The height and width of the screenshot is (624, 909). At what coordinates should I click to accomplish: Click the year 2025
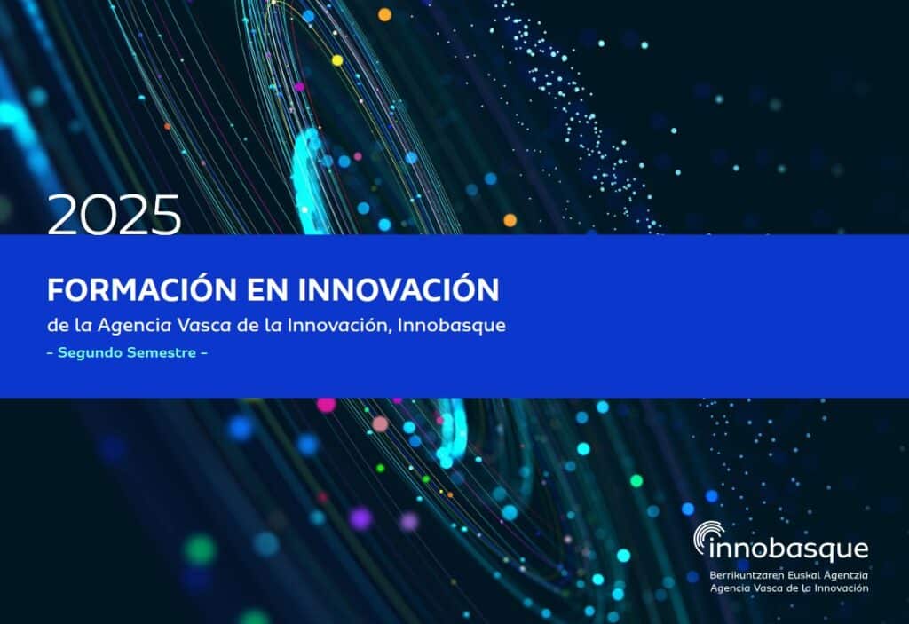pyautogui.click(x=115, y=214)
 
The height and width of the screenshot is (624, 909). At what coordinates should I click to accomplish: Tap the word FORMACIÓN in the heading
pyautogui.click(x=142, y=288)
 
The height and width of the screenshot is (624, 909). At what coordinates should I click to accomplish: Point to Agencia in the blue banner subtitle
pyautogui.click(x=135, y=326)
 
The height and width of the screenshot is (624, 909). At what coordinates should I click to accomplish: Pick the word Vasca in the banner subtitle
pyautogui.click(x=205, y=325)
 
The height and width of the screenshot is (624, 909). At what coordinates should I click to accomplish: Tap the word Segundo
pyautogui.click(x=90, y=353)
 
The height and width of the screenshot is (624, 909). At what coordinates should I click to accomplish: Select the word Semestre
pyautogui.click(x=162, y=352)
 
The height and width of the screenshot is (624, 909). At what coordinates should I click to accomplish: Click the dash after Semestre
pyautogui.click(x=204, y=352)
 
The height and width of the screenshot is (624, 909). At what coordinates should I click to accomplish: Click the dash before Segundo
pyautogui.click(x=51, y=352)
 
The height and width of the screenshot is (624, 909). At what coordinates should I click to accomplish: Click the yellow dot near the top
pyautogui.click(x=337, y=60)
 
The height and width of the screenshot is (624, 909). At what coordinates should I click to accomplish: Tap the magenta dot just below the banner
pyautogui.click(x=326, y=404)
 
